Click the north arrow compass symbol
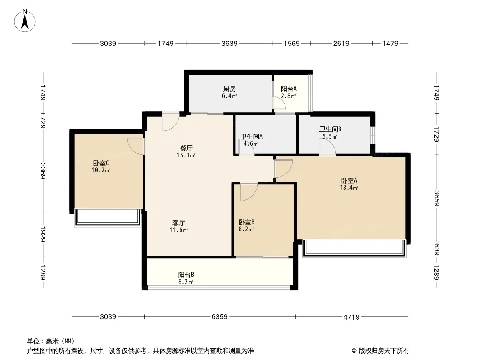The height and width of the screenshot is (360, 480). (25, 21)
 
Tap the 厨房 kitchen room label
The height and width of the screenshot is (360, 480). (229, 89)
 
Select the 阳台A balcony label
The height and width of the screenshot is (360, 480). (289, 89)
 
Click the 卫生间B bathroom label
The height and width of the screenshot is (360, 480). (330, 130)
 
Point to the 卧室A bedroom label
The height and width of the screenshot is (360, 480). (349, 181)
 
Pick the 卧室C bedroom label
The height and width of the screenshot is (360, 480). (101, 163)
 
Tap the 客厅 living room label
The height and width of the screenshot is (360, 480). (179, 223)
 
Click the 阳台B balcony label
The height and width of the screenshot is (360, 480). (186, 274)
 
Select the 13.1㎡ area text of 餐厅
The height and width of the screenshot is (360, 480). (186, 155)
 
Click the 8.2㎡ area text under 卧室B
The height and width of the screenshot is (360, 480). (246, 229)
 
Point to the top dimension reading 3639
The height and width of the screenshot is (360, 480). (229, 44)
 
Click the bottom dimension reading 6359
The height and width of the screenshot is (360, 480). (219, 316)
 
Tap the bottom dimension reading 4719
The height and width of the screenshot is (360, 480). (351, 317)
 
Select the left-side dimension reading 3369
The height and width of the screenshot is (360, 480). (43, 171)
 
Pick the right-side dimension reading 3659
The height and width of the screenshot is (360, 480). (437, 198)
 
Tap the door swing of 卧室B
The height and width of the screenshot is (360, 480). (248, 192)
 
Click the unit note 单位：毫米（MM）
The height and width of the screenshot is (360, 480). (51, 341)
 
